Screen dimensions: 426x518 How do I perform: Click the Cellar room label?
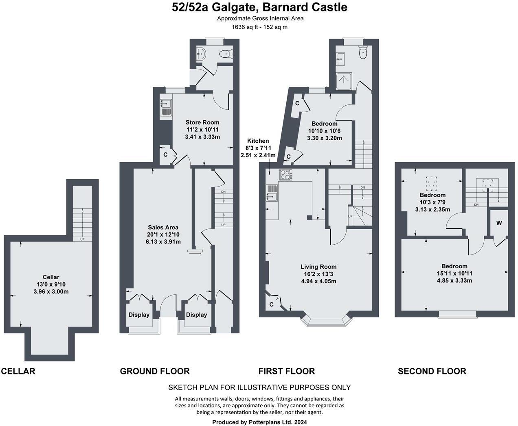[x=51, y=277]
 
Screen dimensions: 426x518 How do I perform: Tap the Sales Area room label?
[x=163, y=227]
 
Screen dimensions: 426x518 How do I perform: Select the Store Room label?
[x=202, y=122]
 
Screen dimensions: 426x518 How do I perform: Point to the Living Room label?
[x=318, y=267]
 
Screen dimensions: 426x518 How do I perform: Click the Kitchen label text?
[x=257, y=141]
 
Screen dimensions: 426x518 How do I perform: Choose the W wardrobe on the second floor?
[x=499, y=223]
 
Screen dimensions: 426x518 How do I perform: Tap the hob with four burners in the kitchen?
[x=286, y=175]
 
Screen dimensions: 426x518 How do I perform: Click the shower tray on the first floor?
[x=343, y=82]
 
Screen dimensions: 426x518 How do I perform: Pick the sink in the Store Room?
[x=166, y=107]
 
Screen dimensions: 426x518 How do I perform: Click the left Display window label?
[x=139, y=315]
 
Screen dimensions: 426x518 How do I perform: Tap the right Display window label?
[x=196, y=315]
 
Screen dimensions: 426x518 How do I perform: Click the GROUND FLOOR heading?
[x=155, y=371]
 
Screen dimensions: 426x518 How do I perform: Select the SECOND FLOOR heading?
[x=432, y=371]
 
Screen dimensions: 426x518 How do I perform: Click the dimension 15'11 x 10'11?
[x=454, y=274]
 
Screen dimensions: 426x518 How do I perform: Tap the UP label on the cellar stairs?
[x=82, y=239]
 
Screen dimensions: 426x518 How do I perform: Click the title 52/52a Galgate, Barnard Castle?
[x=259, y=7]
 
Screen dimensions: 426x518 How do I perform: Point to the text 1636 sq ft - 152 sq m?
[x=259, y=27]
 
